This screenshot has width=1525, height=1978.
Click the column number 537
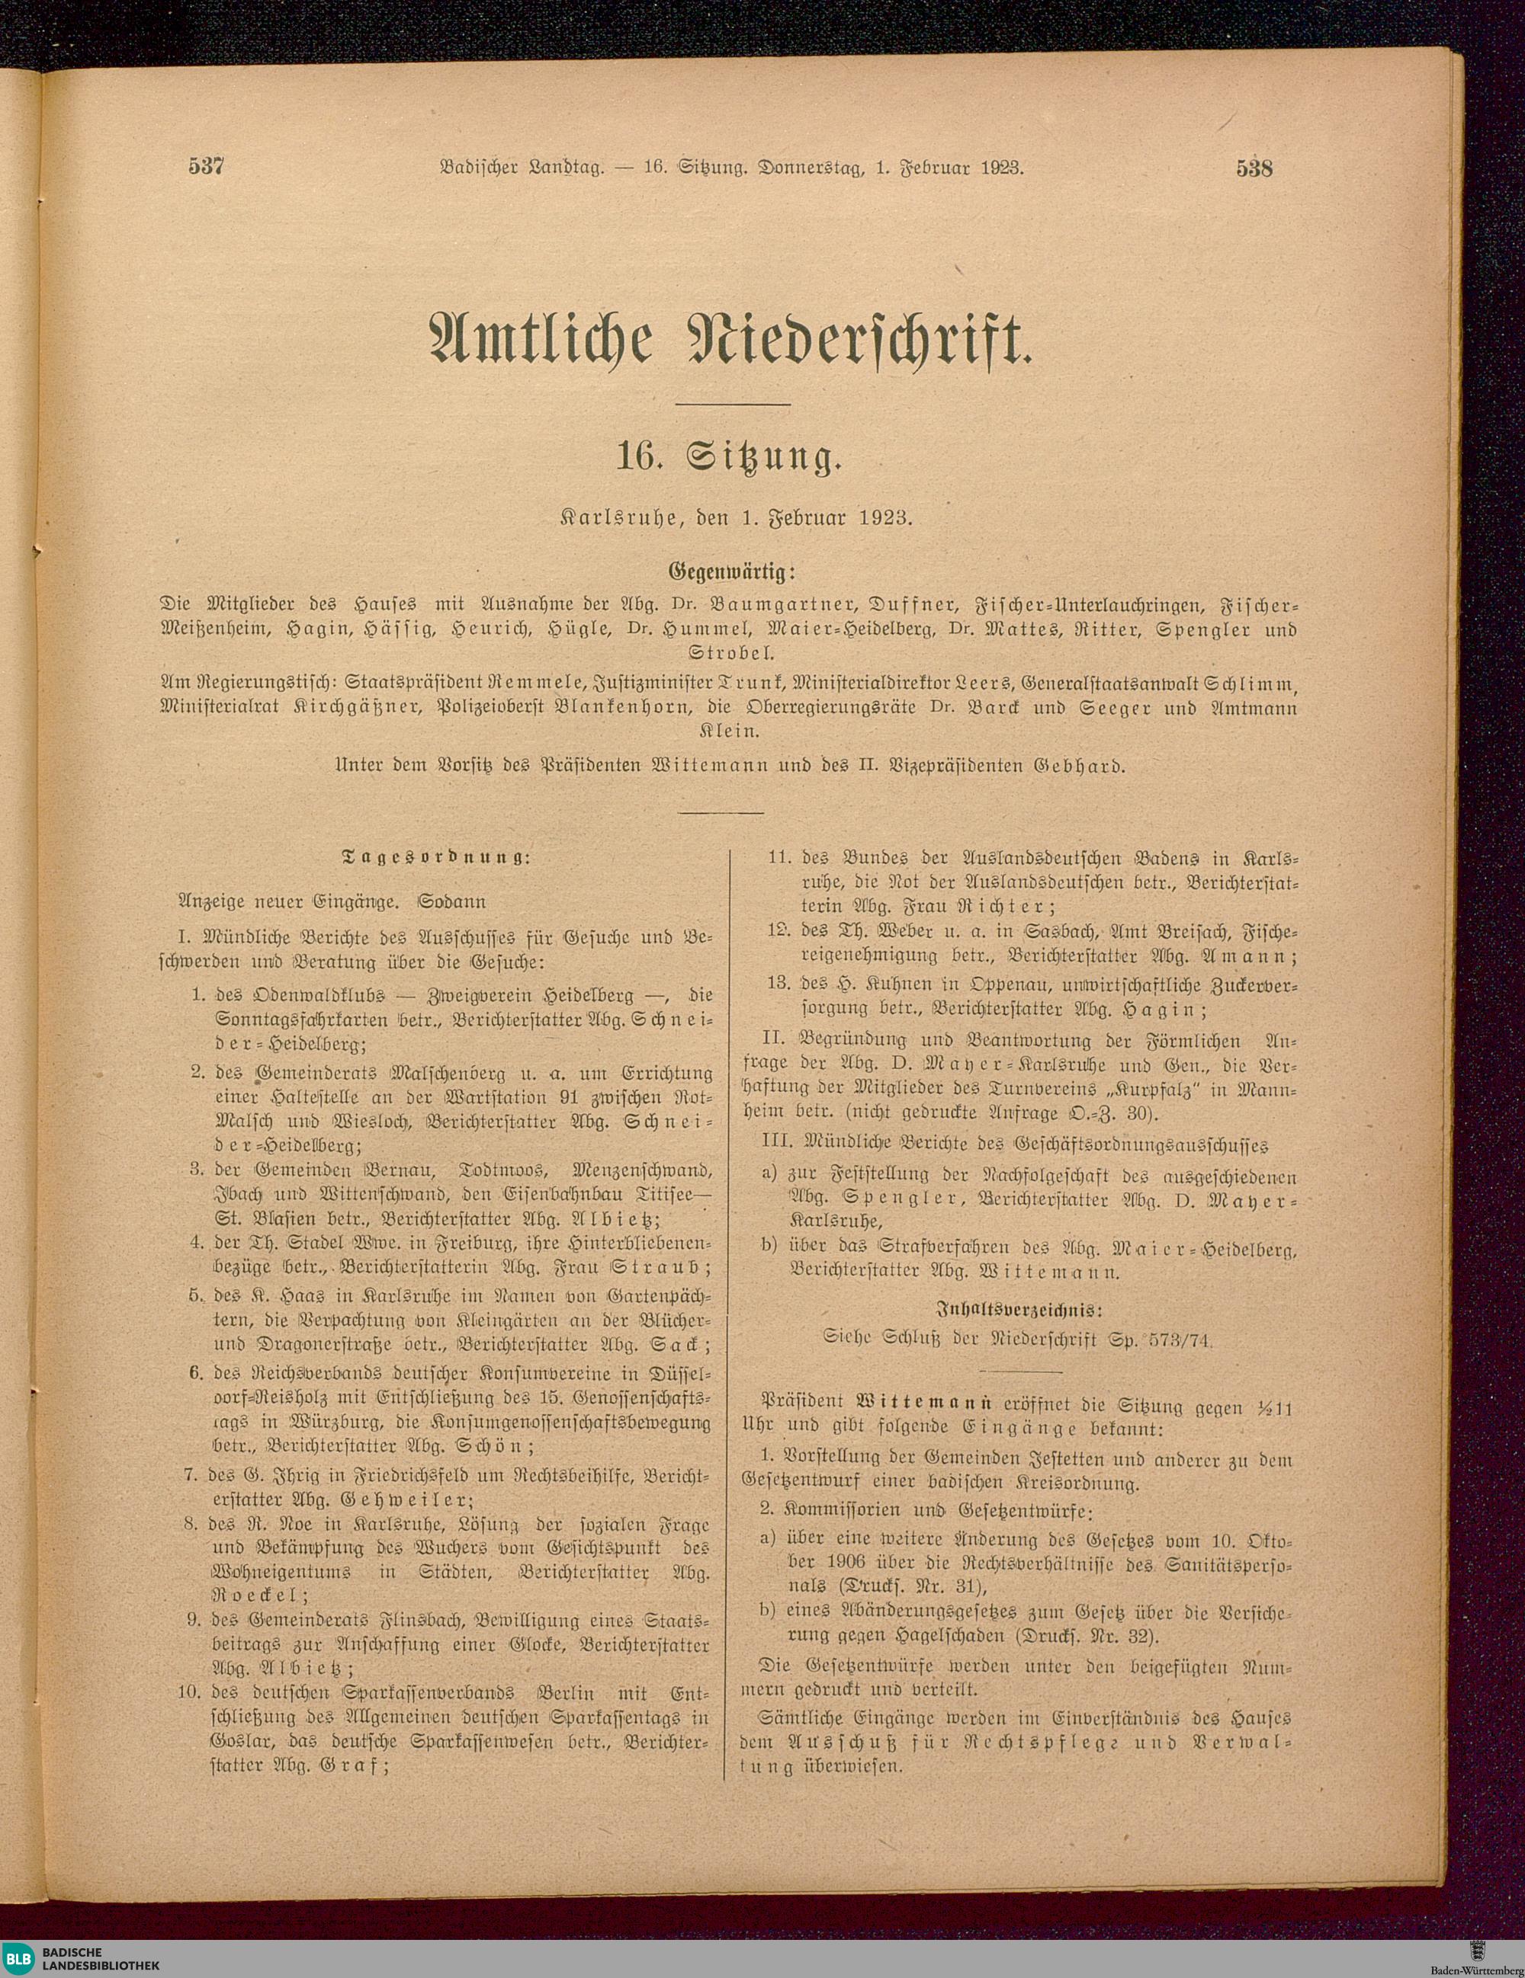tap(207, 167)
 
